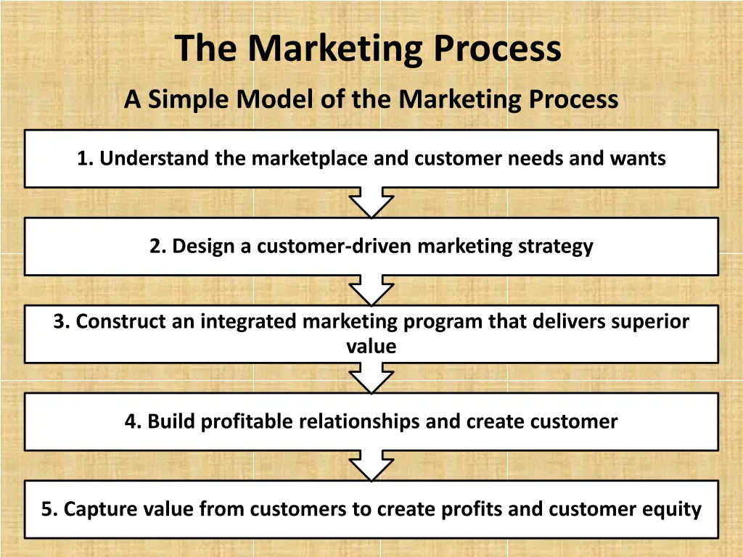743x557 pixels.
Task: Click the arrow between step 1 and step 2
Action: (x=371, y=203)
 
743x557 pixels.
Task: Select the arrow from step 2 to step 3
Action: (x=371, y=291)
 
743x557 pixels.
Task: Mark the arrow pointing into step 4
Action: (x=371, y=379)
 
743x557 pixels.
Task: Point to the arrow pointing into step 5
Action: (x=371, y=466)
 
